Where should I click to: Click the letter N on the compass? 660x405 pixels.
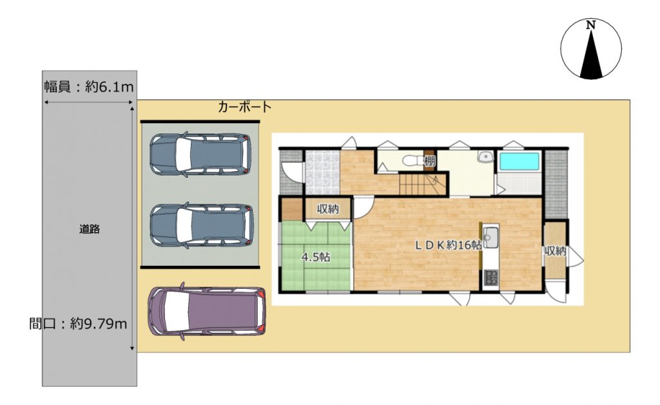click(x=591, y=25)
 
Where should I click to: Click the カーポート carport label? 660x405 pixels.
click(x=244, y=107)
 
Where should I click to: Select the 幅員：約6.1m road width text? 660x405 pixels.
click(x=89, y=86)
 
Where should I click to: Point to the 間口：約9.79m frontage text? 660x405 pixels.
click(x=78, y=323)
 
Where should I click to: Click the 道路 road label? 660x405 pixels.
click(x=90, y=230)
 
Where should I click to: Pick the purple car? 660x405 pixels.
click(x=207, y=311)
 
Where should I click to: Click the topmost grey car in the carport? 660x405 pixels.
click(x=201, y=155)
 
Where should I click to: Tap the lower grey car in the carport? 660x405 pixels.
click(x=202, y=224)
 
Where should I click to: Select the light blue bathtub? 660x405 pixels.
click(x=519, y=162)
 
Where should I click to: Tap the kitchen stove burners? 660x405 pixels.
click(x=490, y=277)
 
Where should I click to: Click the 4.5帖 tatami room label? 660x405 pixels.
click(x=316, y=257)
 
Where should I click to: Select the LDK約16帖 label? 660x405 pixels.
click(x=449, y=245)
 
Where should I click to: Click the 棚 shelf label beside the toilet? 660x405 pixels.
click(x=430, y=161)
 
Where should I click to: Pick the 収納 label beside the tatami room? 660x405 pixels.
click(x=328, y=208)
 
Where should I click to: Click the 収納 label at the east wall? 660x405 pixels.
click(x=555, y=251)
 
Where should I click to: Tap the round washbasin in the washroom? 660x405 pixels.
click(x=486, y=157)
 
